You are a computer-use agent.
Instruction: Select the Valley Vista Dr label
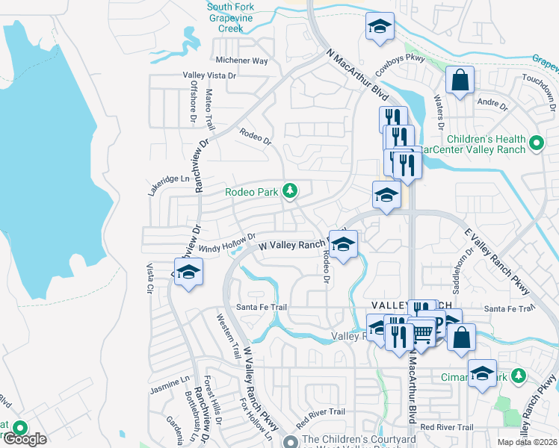(x=210, y=75)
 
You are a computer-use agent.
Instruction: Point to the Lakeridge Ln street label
(x=169, y=180)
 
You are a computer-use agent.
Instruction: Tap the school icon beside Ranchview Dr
(x=189, y=272)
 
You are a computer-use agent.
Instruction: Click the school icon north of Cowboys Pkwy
(x=380, y=27)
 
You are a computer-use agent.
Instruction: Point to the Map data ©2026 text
(x=528, y=442)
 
